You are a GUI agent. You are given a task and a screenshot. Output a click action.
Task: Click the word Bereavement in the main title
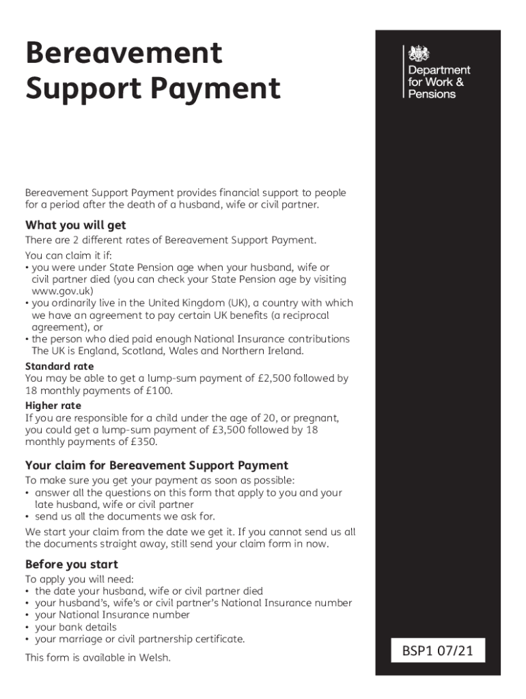(124, 53)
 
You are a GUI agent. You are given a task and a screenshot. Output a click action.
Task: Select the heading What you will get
(75, 225)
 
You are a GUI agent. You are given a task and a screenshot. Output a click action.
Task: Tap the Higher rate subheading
(53, 405)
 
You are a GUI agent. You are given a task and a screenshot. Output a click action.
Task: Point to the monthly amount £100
(159, 390)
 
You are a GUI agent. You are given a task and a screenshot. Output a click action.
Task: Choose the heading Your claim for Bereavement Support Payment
(156, 466)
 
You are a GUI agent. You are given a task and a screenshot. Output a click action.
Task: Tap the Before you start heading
(72, 565)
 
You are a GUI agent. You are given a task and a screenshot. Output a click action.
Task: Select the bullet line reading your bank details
(76, 627)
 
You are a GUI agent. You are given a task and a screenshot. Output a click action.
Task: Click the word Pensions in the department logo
(432, 94)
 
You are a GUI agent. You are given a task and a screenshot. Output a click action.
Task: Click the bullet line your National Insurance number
(112, 614)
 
